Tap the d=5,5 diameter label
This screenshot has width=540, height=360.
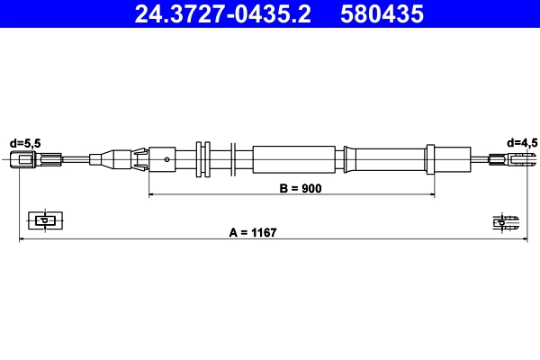point(25,142)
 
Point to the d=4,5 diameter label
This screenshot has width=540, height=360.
point(522,142)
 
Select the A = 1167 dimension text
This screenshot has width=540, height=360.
point(252,233)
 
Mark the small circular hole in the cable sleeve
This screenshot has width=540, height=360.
point(167,160)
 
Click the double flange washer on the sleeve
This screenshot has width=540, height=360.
point(202,160)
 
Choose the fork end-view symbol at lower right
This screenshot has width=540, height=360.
point(505,220)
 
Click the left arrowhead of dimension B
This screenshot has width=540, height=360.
point(152,194)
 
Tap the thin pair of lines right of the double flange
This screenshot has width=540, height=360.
point(233,160)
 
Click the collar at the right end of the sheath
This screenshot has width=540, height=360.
point(349,160)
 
